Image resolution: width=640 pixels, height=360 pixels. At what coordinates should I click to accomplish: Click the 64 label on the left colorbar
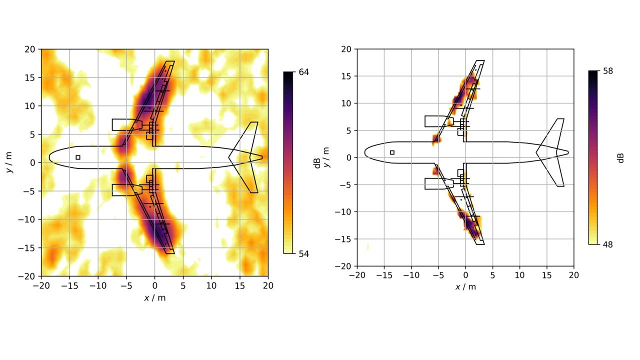click(304, 72)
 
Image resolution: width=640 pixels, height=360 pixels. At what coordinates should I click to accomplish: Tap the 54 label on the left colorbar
click(304, 253)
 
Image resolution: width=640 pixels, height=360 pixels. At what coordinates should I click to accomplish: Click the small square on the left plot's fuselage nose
click(78, 157)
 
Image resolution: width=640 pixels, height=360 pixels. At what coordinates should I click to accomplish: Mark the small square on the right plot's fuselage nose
click(392, 152)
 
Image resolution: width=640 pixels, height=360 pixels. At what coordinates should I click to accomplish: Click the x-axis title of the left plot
click(154, 298)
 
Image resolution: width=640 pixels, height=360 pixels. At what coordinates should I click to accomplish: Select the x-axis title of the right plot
click(465, 286)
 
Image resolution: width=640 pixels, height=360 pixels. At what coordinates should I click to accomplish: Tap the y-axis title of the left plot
click(9, 162)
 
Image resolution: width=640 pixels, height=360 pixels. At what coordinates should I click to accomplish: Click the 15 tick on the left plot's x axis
click(240, 285)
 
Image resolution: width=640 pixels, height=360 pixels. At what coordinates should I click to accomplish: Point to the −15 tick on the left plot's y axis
click(28, 248)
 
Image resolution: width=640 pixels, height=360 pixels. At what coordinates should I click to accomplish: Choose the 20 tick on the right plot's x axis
click(573, 275)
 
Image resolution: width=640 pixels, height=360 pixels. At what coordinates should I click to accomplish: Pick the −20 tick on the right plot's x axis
click(357, 275)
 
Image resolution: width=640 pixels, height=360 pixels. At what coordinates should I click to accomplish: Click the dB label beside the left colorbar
click(317, 163)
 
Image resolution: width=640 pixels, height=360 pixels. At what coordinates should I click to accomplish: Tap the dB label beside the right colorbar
click(621, 157)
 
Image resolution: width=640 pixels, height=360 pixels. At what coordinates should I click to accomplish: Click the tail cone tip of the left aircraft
click(261, 157)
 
